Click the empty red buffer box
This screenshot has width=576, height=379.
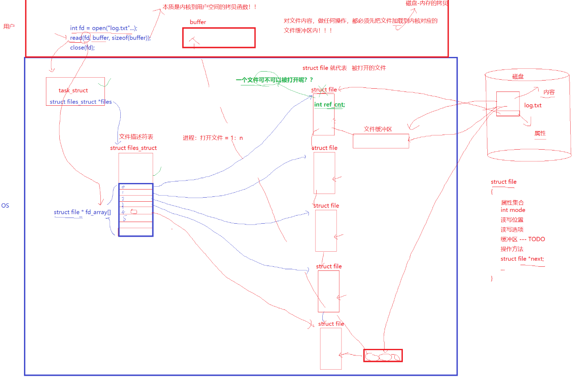click(x=219, y=38)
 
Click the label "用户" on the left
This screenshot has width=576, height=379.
click(x=9, y=26)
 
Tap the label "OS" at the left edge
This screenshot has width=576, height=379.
click(x=5, y=205)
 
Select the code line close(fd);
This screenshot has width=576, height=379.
click(x=82, y=48)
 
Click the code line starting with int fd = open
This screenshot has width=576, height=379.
click(x=104, y=28)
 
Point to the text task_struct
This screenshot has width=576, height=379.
click(x=73, y=90)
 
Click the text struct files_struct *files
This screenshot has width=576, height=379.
click(x=80, y=102)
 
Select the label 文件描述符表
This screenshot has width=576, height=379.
click(x=136, y=137)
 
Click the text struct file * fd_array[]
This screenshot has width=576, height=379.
click(x=82, y=212)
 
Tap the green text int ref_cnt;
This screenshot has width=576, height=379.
click(x=329, y=105)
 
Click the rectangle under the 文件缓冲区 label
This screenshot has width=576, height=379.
click(x=380, y=141)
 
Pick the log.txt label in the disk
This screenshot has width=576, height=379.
click(x=533, y=105)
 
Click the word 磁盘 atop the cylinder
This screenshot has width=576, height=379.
click(x=518, y=76)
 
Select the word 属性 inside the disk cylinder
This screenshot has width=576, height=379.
click(x=540, y=133)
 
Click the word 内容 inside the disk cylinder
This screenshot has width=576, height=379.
click(x=549, y=92)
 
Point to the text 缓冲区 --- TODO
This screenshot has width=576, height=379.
click(x=522, y=239)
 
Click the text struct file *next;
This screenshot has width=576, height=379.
click(x=522, y=259)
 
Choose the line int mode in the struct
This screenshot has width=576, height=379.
click(x=513, y=210)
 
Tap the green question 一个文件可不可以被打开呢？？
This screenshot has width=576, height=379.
click(x=274, y=80)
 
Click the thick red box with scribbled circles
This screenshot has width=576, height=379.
click(x=383, y=356)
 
